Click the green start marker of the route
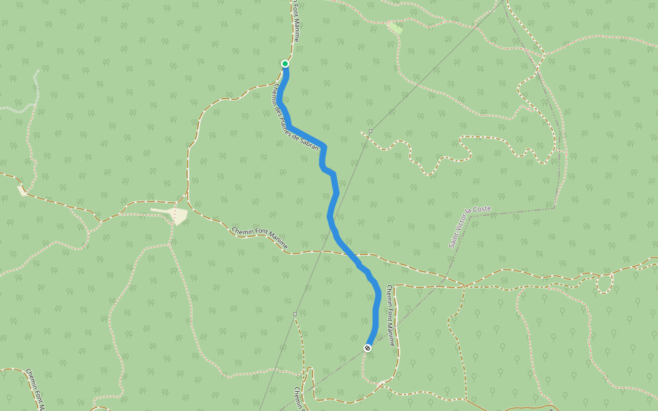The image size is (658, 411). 285,64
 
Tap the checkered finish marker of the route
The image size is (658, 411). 368,348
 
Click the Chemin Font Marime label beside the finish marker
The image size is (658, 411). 390,314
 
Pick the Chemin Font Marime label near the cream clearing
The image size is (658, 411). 260,238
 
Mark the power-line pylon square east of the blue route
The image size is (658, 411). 370,131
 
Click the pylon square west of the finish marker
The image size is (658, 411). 295,314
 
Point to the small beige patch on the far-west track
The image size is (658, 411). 23,190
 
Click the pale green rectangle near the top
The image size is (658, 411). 395,28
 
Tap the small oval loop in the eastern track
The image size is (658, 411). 604,282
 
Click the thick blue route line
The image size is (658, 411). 332,212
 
